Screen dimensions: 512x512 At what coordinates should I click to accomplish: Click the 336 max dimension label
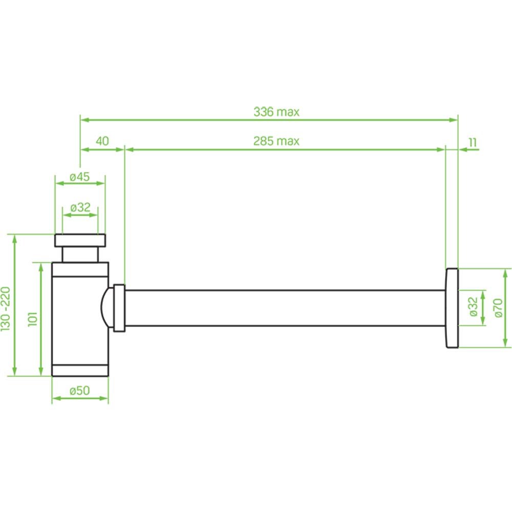coord(276,111)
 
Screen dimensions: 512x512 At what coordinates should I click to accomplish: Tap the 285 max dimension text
coord(276,141)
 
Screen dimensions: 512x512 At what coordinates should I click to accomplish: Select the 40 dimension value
coord(102,141)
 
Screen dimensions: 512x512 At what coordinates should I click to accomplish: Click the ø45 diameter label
coord(79,177)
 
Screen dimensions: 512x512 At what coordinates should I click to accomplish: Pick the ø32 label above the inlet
coord(80,207)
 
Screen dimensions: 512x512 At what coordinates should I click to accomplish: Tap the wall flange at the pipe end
coord(452,308)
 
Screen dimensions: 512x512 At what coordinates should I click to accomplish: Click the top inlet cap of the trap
coord(80,240)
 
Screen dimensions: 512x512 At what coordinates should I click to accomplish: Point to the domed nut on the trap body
coord(106,308)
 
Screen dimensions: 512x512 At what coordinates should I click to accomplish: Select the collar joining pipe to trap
coord(119,308)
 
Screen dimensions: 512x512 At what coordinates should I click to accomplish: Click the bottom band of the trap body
coord(80,370)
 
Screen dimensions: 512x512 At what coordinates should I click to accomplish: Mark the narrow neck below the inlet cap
coord(80,254)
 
